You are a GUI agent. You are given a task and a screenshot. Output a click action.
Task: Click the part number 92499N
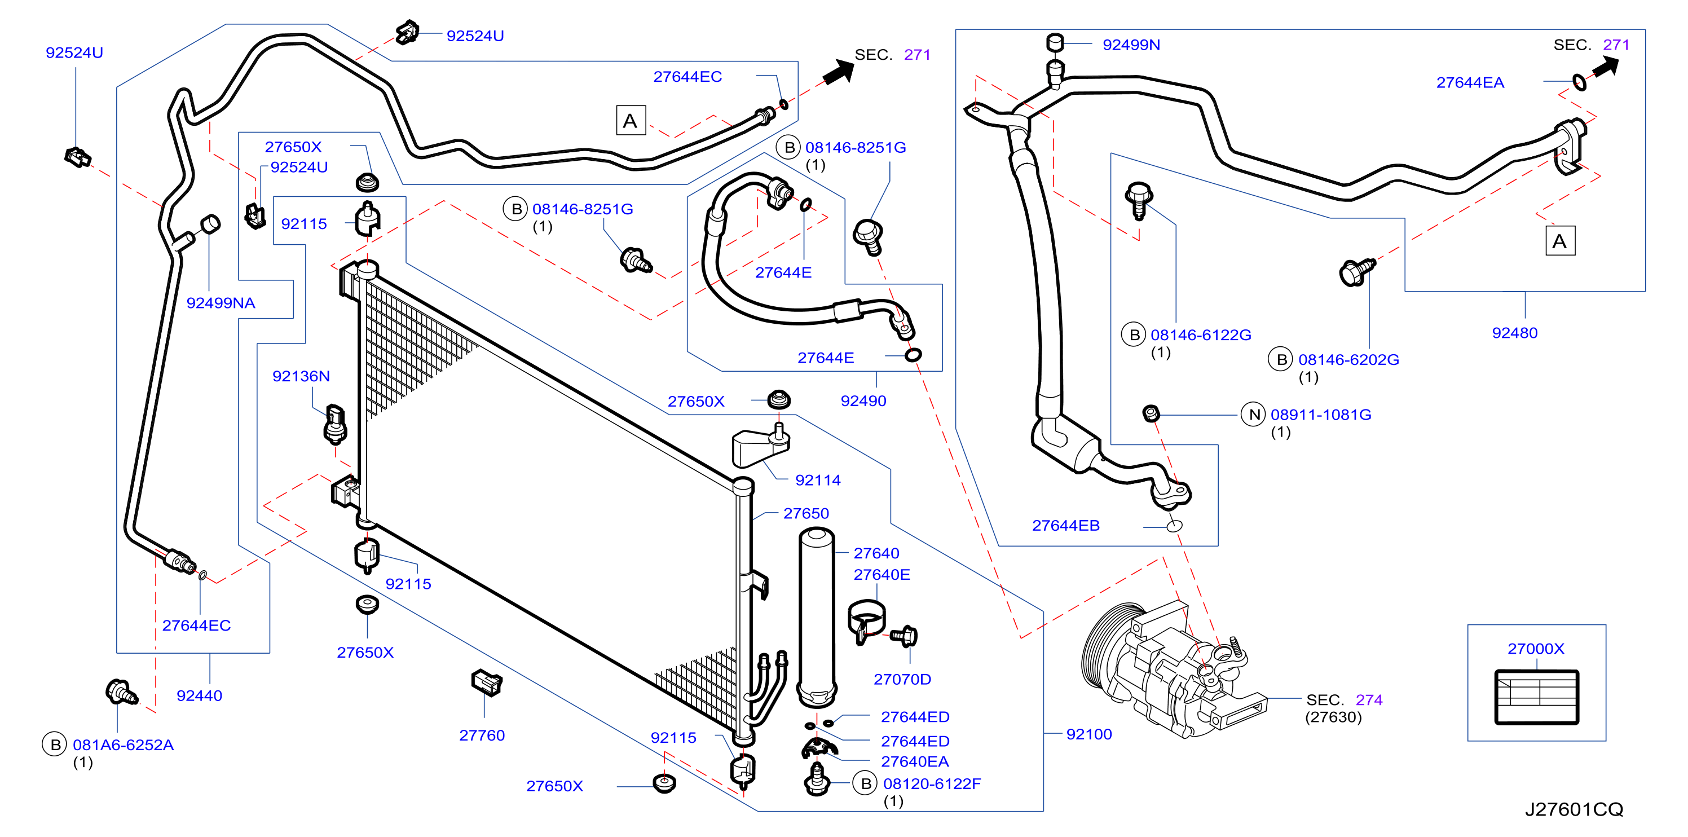tap(1131, 45)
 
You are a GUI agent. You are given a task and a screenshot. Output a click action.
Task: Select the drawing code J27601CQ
tap(1574, 809)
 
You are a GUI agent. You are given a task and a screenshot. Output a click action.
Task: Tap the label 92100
tap(1089, 734)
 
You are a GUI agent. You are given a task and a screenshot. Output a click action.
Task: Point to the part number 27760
tap(482, 735)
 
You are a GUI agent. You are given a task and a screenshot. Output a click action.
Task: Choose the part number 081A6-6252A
tap(123, 745)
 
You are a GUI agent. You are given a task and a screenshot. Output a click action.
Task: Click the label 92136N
tap(301, 376)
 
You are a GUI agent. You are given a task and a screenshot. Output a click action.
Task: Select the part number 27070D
tap(902, 680)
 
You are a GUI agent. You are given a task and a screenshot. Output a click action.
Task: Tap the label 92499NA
tap(221, 303)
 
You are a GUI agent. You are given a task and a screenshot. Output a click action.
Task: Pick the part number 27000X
tap(1535, 649)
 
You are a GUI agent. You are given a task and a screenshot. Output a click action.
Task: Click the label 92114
tap(818, 481)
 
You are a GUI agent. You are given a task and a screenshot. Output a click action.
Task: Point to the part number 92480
tap(1514, 333)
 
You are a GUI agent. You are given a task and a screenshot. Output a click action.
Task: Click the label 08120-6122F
tap(932, 784)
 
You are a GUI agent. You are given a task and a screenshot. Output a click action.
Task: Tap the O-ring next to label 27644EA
tap(1579, 82)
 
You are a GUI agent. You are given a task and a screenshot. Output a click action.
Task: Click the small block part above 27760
tap(486, 683)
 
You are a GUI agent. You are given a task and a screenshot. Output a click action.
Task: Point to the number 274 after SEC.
tap(1369, 700)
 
